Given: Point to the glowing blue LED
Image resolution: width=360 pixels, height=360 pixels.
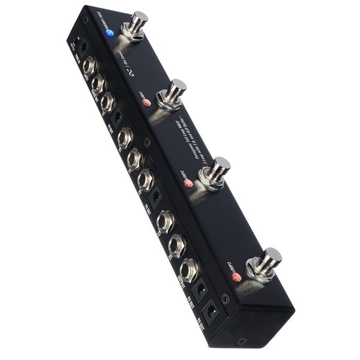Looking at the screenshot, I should coord(109,33).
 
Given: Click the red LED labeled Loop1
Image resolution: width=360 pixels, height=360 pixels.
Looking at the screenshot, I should coord(146,103).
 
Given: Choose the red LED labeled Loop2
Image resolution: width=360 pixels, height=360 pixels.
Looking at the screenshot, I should coord(188,182).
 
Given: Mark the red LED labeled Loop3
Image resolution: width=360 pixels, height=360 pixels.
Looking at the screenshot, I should coord(236,277).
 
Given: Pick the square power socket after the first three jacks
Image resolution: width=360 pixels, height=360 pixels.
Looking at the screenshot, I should coord(118,115).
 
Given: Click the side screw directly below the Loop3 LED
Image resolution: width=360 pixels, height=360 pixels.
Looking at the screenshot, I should coord(226,297).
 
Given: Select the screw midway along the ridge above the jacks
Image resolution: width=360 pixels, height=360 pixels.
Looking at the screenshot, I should coord(148,142).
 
